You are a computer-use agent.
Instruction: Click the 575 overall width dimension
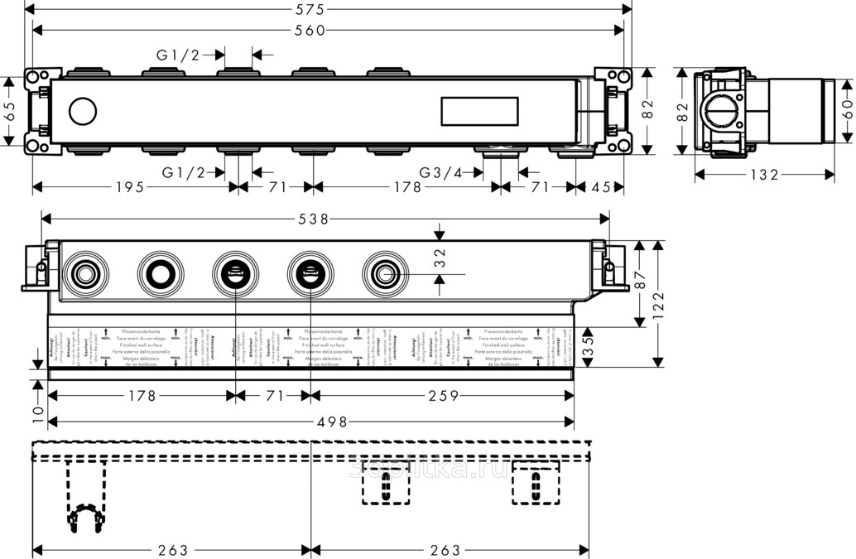click(327, 9)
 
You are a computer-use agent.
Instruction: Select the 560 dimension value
click(327, 31)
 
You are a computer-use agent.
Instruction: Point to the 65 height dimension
click(10, 112)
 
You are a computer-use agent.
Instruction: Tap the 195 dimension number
click(134, 187)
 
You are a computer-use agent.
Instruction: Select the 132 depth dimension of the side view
click(763, 175)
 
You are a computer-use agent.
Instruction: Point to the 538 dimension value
click(327, 219)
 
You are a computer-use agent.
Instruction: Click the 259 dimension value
click(442, 396)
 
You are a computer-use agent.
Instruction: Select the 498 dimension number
click(325, 422)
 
